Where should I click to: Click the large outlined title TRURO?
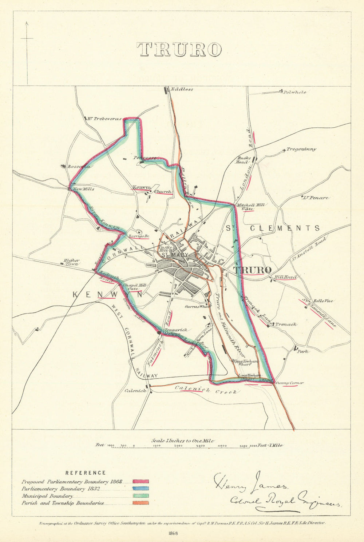point(179,49)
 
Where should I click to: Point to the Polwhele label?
point(294,92)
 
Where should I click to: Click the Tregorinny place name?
point(301,149)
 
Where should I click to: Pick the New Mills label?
point(83,189)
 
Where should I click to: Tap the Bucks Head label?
point(244,160)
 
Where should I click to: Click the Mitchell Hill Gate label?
point(250,207)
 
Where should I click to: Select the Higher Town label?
point(71,262)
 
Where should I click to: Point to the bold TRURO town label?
point(252,270)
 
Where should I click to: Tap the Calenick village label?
point(135,391)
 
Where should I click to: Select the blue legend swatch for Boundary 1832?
point(140,489)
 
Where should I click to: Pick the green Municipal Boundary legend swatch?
point(140,496)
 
